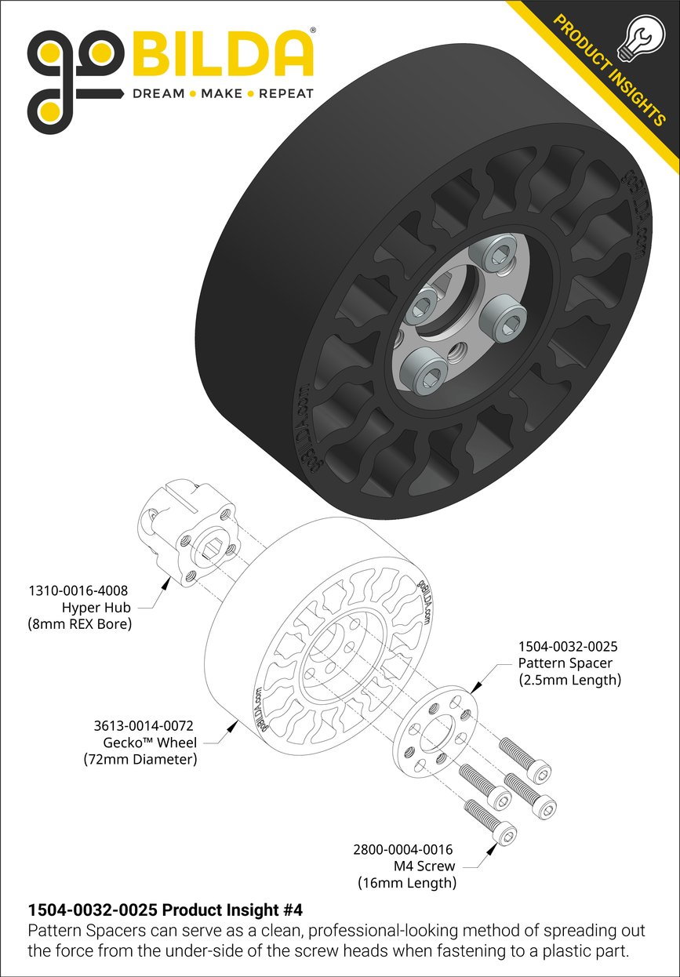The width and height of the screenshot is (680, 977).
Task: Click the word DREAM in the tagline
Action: pos(158,94)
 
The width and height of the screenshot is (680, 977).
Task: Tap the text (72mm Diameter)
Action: pos(140,759)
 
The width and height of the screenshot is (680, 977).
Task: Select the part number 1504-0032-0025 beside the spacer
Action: pos(568,647)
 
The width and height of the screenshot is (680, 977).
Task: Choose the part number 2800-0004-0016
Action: pos(403,849)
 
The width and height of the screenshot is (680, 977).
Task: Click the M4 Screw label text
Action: pos(425,866)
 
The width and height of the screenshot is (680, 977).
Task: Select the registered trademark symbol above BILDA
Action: pos(314,30)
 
